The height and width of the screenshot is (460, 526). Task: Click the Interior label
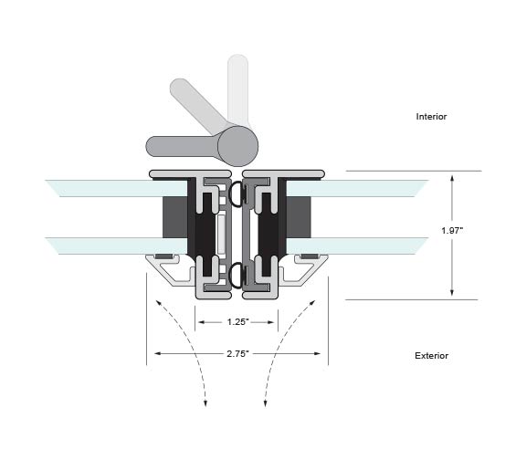click(431, 117)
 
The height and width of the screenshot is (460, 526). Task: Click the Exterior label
click(431, 356)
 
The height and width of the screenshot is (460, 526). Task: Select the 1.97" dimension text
click(452, 231)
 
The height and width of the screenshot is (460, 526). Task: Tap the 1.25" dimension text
click(237, 322)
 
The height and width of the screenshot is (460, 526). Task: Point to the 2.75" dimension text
click(237, 354)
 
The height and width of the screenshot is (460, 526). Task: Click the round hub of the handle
click(237, 147)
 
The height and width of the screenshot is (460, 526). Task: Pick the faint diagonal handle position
click(198, 106)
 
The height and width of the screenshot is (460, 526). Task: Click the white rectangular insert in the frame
click(221, 235)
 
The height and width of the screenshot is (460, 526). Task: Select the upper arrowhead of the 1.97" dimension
click(452, 178)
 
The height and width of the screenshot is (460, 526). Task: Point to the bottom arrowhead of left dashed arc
click(205, 403)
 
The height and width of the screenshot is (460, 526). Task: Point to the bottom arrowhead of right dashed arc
click(265, 403)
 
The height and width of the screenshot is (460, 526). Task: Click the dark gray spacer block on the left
click(174, 217)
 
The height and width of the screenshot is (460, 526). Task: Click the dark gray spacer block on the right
click(299, 217)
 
